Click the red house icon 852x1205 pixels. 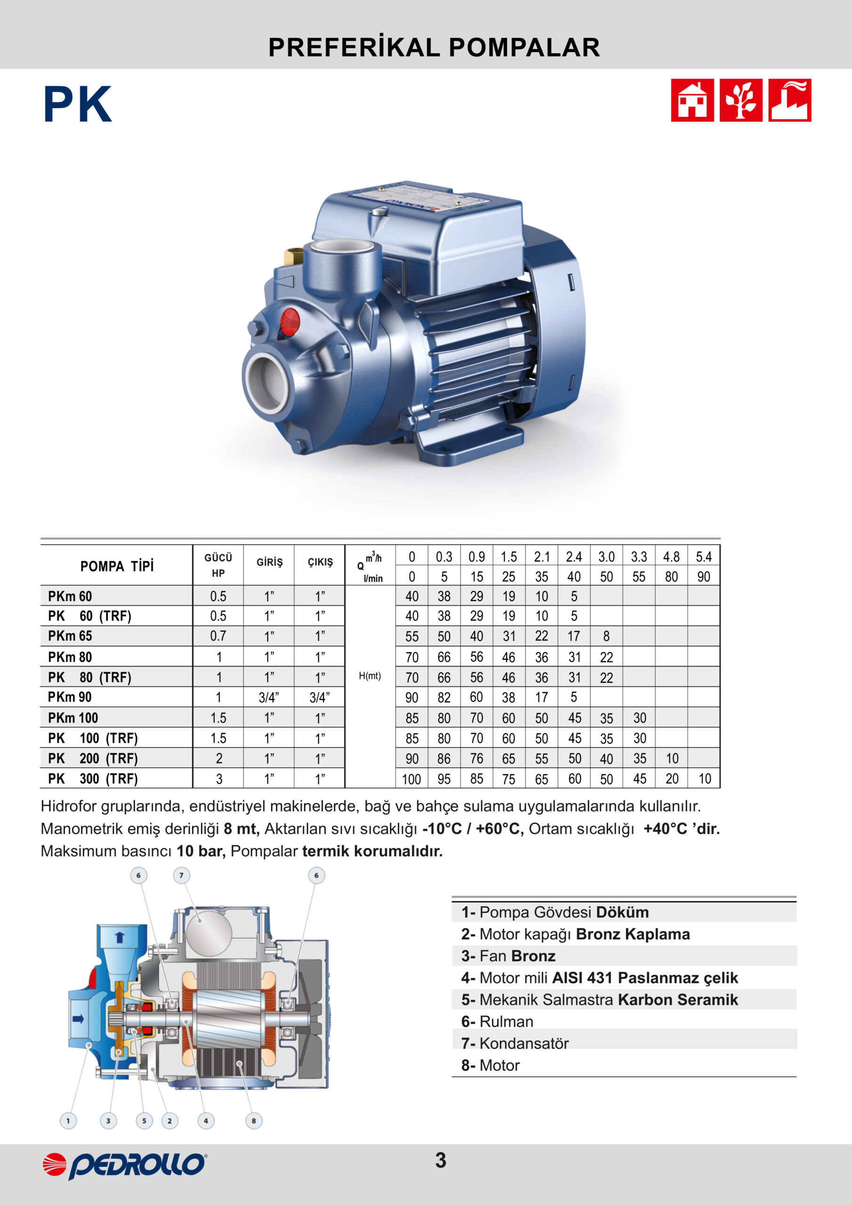pyautogui.click(x=692, y=100)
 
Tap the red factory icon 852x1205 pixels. pyautogui.click(x=789, y=100)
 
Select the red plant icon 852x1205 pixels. pyautogui.click(x=741, y=100)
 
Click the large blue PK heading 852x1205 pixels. pyautogui.click(x=78, y=104)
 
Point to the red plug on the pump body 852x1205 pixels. pyautogui.click(x=290, y=321)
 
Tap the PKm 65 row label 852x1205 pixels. pyautogui.click(x=70, y=635)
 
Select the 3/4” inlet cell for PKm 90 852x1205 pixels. pyautogui.click(x=269, y=697)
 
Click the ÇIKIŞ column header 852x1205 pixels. pyautogui.click(x=320, y=562)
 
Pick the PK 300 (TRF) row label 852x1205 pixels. pyautogui.click(x=93, y=779)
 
